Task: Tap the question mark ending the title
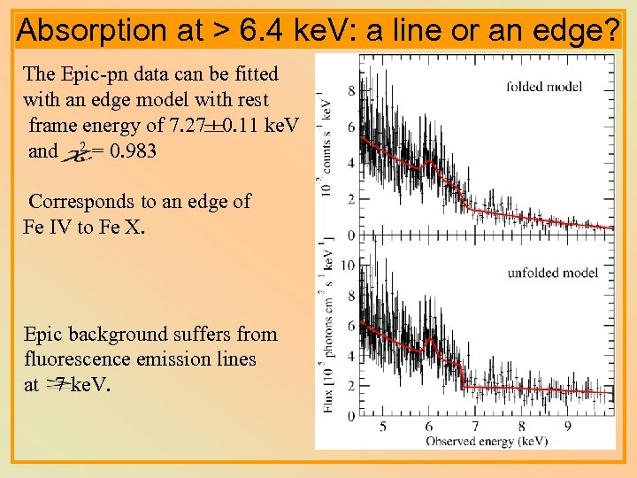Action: coord(612,31)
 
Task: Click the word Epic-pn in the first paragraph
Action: coord(101,73)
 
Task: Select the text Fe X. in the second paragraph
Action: coord(120,227)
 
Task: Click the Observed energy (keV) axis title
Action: coord(486,440)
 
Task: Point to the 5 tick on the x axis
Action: coord(382,427)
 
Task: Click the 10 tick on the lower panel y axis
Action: coord(348,266)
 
